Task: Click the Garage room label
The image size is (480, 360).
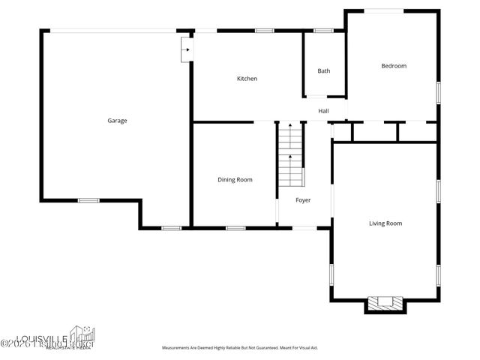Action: (x=117, y=120)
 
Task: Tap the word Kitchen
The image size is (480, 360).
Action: (x=247, y=79)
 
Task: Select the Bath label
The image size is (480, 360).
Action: (x=323, y=71)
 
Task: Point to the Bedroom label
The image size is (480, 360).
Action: (x=393, y=66)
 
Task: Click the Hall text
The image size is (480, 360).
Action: (x=323, y=111)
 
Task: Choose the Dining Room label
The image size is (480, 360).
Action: (x=234, y=180)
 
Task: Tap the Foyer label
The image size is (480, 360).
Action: (x=302, y=200)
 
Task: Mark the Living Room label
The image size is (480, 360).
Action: (x=385, y=223)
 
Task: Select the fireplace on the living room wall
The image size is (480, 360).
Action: (x=385, y=304)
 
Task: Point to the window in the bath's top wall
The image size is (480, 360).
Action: (x=323, y=31)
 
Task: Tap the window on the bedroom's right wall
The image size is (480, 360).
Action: (x=438, y=92)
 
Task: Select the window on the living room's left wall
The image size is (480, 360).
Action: (x=331, y=274)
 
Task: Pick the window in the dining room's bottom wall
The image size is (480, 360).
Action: (x=235, y=227)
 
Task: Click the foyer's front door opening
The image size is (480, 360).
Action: (x=303, y=227)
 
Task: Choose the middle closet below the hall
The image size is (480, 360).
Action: (x=374, y=132)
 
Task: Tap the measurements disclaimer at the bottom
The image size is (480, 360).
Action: (x=239, y=348)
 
